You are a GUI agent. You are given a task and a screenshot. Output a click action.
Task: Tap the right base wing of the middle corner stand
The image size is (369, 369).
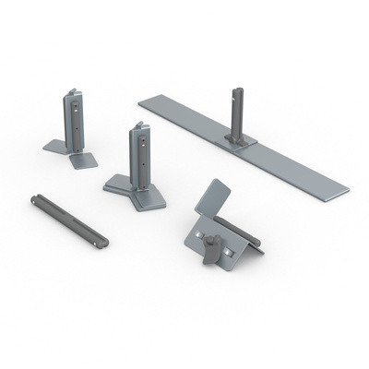click(x=150, y=196)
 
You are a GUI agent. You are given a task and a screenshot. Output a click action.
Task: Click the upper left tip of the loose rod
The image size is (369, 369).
click(x=35, y=196)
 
